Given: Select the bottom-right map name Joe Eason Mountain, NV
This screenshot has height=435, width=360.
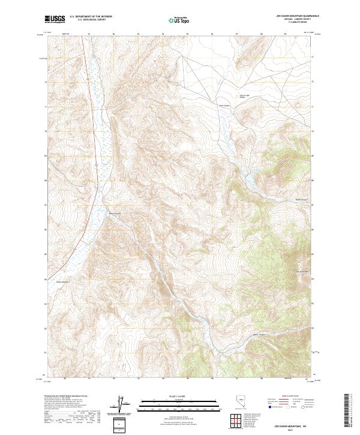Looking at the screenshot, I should click(292, 425).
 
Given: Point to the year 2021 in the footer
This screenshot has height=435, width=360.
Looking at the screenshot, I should click(292, 430).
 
